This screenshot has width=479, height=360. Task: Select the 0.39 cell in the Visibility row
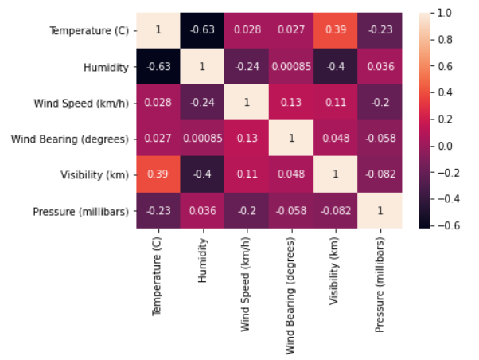pyautogui.click(x=159, y=175)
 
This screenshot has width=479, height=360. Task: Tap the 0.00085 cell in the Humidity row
pyautogui.click(x=292, y=67)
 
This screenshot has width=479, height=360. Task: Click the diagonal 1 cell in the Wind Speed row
pyautogui.click(x=247, y=104)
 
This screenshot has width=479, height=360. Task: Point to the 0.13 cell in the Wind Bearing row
pyautogui.click(x=247, y=139)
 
